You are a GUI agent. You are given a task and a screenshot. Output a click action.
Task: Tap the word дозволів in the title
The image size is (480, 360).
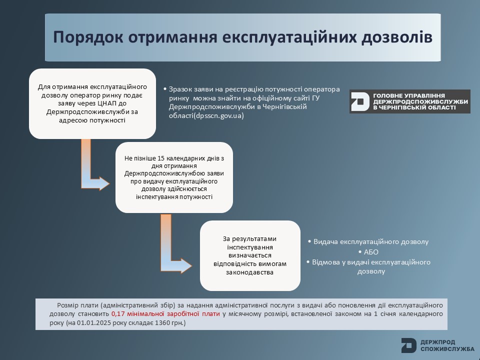pos(397,37)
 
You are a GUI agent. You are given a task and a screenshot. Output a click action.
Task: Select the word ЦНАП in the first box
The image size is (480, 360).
pos(107,103)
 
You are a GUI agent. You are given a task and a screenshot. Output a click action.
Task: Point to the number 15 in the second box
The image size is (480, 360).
pos(161,158)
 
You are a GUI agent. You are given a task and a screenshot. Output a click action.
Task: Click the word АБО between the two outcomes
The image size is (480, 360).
pos(371,252)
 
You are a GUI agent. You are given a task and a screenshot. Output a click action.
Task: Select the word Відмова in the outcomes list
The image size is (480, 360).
pos(325,262)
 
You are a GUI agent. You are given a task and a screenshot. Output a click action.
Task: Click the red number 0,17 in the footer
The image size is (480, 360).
pos(117,314)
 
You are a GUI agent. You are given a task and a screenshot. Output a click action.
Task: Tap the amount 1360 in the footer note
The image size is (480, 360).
pos(162,322)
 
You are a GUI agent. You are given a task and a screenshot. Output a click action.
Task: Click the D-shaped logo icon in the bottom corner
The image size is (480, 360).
pos(408,345)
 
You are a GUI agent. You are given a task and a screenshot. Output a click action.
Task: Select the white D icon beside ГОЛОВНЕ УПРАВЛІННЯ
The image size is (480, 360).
pos(360,101)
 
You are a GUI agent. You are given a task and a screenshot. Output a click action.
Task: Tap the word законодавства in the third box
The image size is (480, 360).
pos(250,272)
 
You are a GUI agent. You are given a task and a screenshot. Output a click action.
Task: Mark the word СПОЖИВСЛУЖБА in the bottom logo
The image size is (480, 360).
pos(447,349)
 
